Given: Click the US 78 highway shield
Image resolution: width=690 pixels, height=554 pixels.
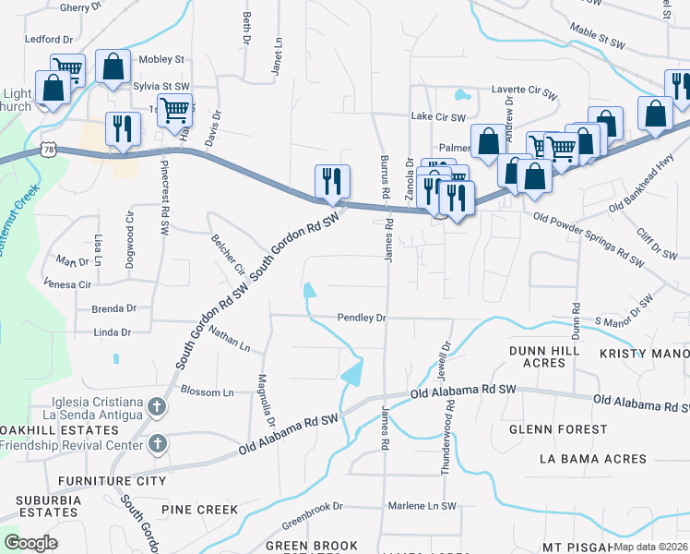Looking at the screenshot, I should coord(47,149).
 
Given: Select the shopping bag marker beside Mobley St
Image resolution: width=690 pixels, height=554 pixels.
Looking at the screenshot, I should coord(113,67).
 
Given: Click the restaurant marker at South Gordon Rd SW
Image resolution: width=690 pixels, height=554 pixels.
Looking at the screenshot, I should coord(332,180).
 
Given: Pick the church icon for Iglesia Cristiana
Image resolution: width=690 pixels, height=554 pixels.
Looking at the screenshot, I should coord(157,406).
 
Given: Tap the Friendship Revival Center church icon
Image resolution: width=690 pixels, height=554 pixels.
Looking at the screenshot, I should coord(157,444).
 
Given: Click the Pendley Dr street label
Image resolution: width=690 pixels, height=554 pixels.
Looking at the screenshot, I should coord(361,317).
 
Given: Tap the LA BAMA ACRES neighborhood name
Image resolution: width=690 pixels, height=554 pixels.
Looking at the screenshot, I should coord(593,459).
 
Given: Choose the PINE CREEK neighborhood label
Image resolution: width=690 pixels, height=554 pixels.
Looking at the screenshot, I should coord(199,510).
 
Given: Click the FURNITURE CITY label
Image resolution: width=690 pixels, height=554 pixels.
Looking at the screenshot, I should coord(112,481).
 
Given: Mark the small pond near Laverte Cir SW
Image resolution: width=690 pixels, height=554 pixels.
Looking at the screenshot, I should coord(461,94).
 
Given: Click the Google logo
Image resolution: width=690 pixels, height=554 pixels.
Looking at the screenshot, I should coord(30,542).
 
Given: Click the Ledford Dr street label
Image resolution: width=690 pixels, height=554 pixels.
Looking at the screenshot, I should coord(48,40).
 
